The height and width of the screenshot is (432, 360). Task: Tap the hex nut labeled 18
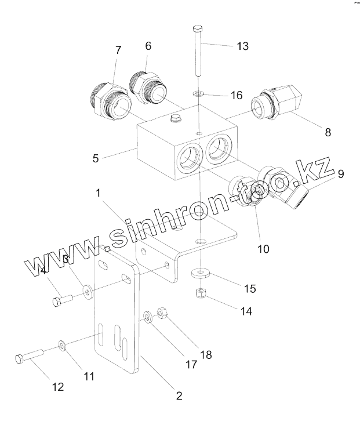pyautogui.click(x=163, y=314)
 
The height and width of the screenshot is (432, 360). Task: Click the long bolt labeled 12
pyautogui.click(x=28, y=357)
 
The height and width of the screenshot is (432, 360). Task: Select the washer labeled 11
pyautogui.click(x=63, y=347)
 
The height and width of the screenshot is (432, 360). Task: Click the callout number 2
pyautogui.click(x=179, y=396)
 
